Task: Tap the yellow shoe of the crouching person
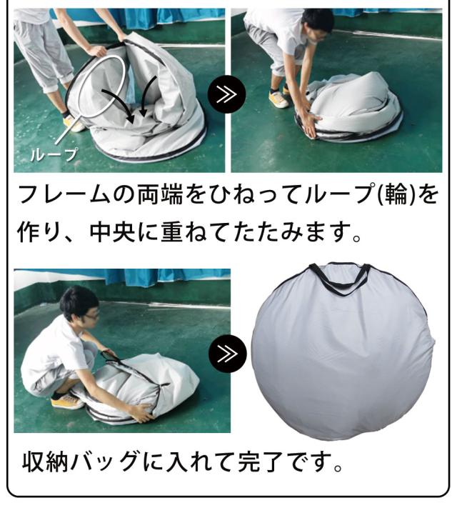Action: tap(67, 401)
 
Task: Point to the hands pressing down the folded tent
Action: tap(308, 125)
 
